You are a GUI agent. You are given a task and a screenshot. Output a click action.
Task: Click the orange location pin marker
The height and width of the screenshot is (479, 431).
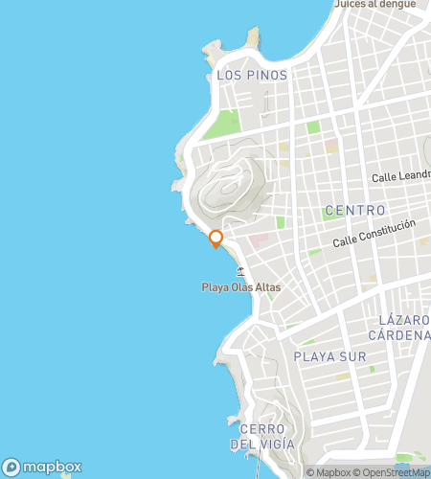coord(215,239)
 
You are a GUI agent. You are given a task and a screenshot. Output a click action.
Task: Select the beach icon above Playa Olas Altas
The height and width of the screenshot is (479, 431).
coord(240,271)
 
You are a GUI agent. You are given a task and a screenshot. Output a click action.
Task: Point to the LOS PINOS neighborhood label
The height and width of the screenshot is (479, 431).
coord(251,75)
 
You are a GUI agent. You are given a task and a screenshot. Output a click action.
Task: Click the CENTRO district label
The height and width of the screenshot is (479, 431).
coord(354,210)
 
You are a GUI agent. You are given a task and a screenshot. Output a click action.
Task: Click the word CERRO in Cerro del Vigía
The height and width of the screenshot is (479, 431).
coord(263,428)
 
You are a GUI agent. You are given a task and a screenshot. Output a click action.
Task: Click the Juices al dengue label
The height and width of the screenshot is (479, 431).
coord(374,5)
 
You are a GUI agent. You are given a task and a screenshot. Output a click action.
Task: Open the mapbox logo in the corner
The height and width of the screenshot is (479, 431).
coord(40,468)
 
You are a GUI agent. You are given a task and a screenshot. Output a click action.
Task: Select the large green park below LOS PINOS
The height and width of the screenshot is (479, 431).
coord(225,125)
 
